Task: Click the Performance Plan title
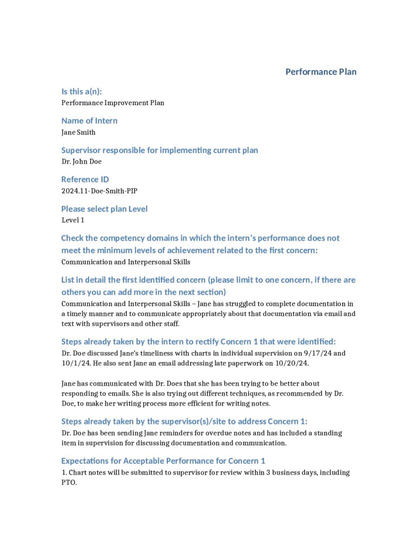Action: [321, 71]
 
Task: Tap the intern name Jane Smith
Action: [78, 132]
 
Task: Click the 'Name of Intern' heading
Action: [89, 120]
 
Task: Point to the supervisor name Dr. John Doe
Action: [82, 161]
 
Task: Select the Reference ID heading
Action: [85, 179]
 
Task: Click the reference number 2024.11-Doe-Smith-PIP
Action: [99, 191]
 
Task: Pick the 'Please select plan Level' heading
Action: [104, 208]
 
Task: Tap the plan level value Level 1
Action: [73, 220]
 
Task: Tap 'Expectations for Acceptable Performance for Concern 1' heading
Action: [163, 460]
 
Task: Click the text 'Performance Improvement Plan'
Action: [113, 103]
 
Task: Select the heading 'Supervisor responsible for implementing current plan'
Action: [160, 150]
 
